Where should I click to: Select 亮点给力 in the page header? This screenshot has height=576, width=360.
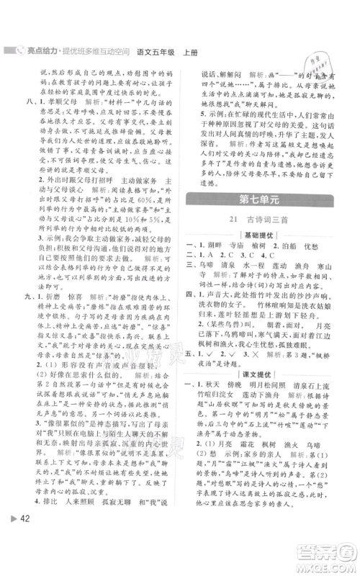tap(41, 52)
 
